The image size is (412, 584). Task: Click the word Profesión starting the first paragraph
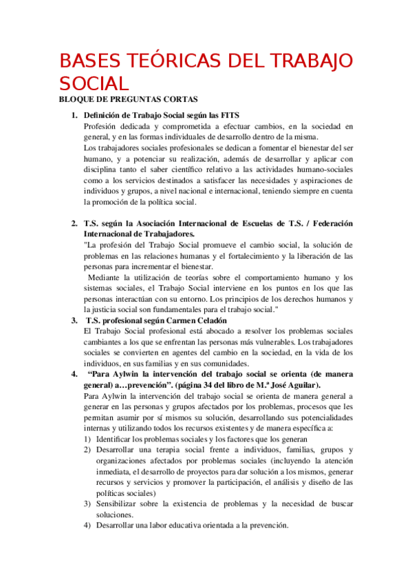pyautogui.click(x=101, y=126)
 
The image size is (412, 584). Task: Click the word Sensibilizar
pyautogui.click(x=120, y=504)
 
